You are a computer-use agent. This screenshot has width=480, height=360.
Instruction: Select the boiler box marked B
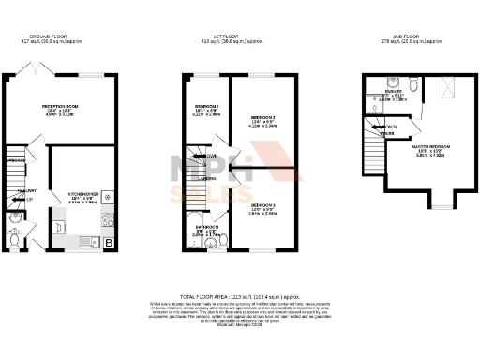click(109, 243)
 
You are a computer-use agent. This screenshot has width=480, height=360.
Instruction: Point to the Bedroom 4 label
click(207, 107)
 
